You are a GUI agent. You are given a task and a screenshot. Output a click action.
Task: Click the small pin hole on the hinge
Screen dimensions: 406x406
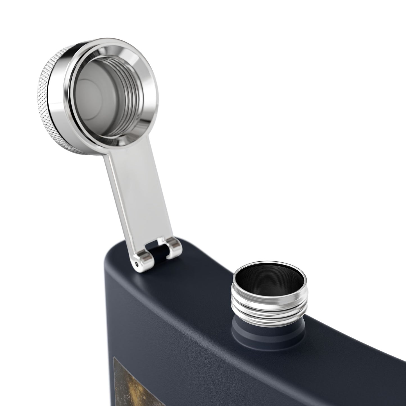click(x=137, y=264)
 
